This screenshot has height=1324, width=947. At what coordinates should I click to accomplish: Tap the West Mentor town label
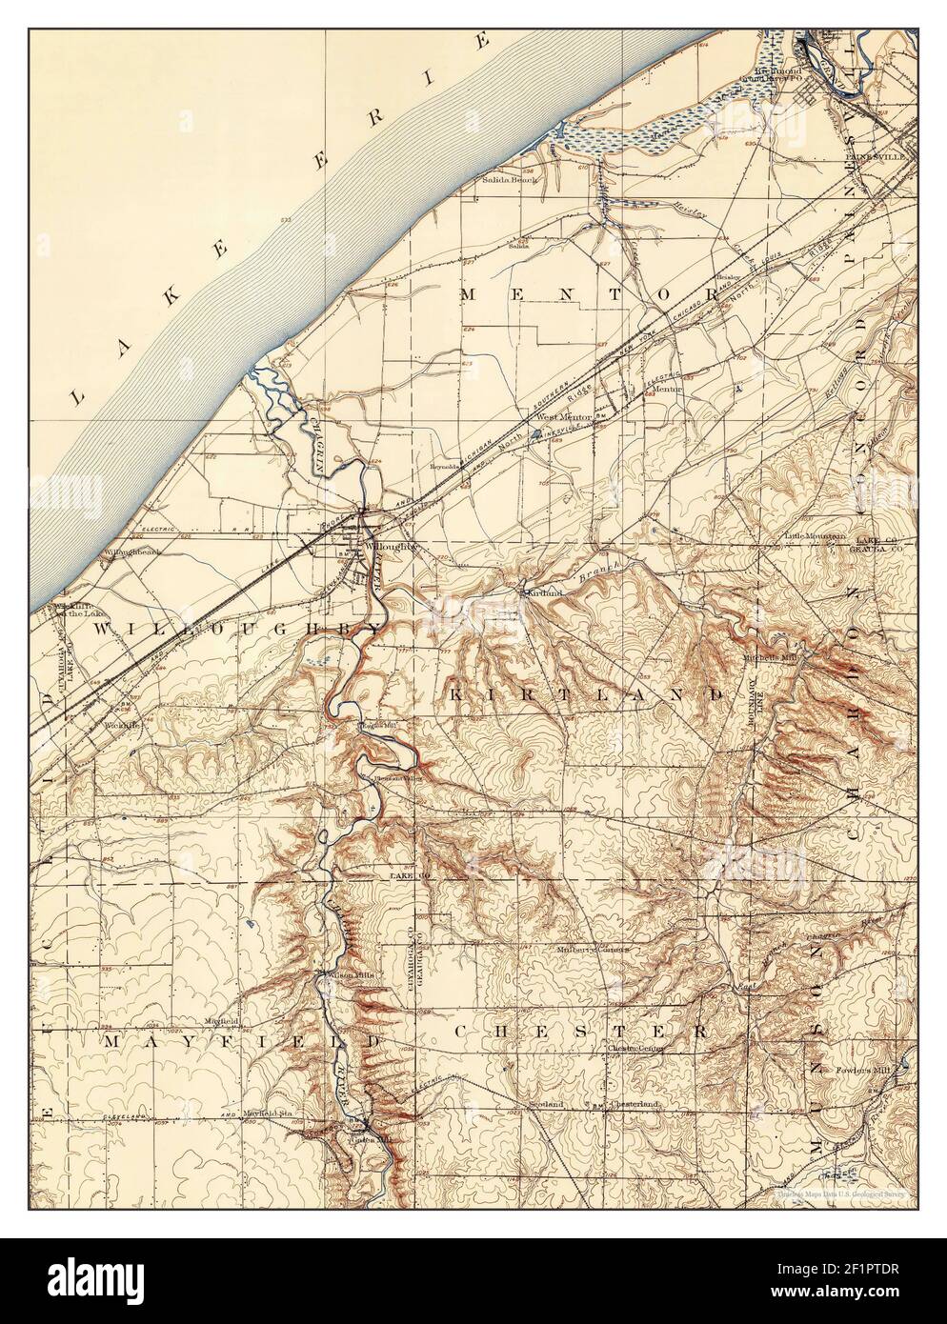click(x=563, y=417)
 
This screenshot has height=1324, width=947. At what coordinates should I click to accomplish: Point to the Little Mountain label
click(x=815, y=536)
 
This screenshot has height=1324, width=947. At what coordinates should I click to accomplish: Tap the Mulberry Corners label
click(x=594, y=949)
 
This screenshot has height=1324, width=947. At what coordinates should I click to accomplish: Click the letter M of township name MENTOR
click(x=469, y=295)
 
